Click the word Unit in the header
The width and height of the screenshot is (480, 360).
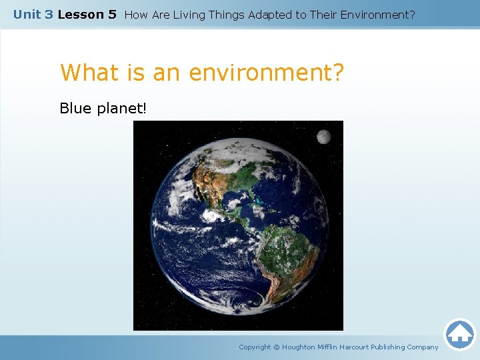(x=27, y=14)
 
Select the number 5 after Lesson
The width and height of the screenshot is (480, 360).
(x=112, y=14)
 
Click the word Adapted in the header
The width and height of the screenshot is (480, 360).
(x=269, y=14)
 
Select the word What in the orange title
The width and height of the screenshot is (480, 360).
(x=87, y=73)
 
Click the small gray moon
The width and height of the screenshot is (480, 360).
(x=323, y=137)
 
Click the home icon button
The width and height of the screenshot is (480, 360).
(x=459, y=334)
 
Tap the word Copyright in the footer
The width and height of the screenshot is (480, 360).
(x=255, y=347)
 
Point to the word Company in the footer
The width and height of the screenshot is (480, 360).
(x=422, y=347)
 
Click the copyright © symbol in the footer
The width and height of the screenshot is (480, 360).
(x=277, y=347)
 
